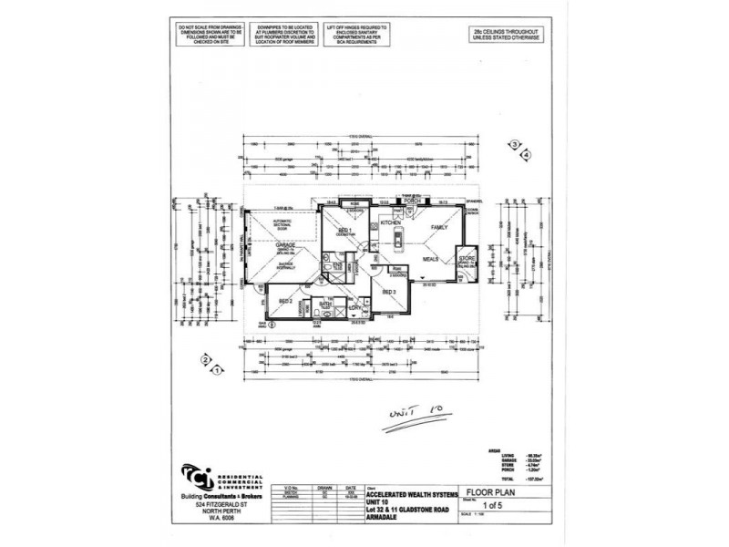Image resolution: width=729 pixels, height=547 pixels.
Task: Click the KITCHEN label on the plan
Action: pyautogui.click(x=391, y=222)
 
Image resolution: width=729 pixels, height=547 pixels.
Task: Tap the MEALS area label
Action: pyautogui.click(x=430, y=259)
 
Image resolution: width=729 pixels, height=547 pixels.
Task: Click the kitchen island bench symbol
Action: pyautogui.click(x=398, y=241)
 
